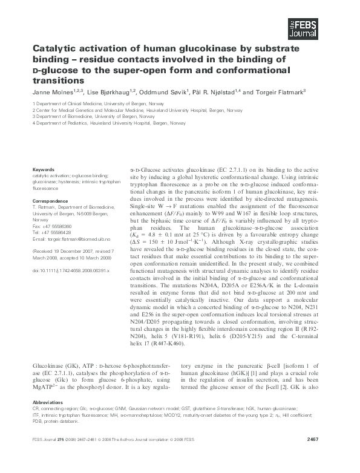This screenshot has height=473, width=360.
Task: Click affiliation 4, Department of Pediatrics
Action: pos(109,123)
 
